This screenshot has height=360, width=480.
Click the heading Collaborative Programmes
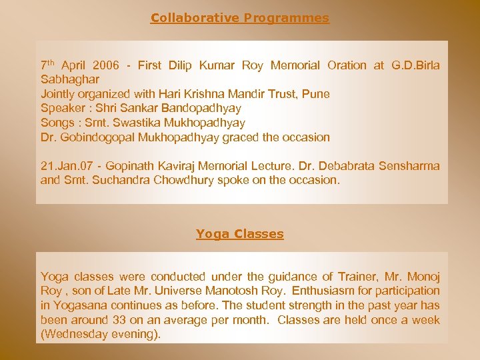pos(240,18)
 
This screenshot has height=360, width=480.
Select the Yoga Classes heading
pos(240,234)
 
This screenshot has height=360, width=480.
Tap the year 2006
pos(107,65)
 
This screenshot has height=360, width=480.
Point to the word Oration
pos(347,65)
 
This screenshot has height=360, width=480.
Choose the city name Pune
pos(316,94)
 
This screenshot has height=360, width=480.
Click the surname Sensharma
pos(409,166)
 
